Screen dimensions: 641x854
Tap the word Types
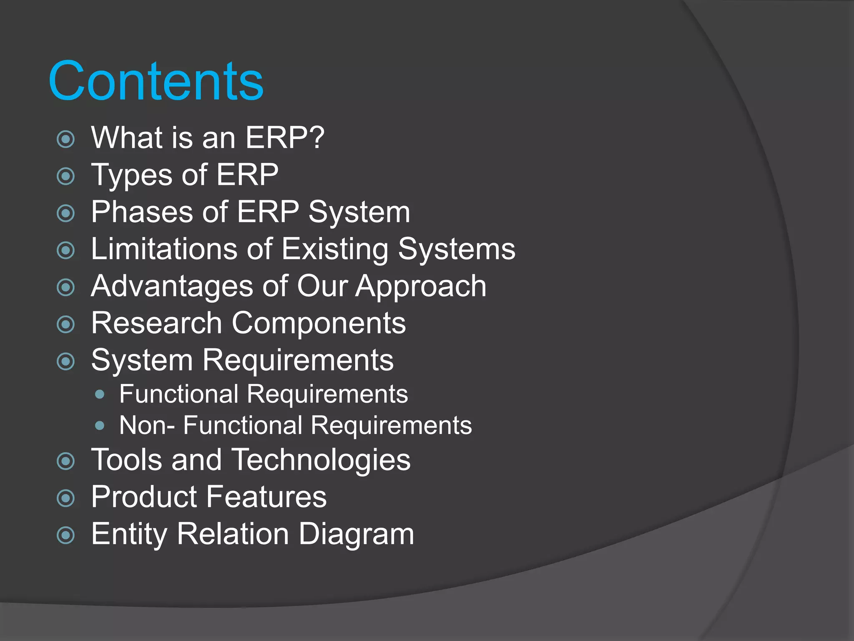click(132, 175)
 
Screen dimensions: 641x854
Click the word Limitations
click(164, 249)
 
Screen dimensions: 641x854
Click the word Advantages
click(172, 286)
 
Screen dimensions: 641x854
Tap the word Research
click(156, 323)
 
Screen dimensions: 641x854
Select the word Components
click(319, 324)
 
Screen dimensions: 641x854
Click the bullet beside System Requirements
click(65, 361)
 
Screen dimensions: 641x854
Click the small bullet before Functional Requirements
click(100, 394)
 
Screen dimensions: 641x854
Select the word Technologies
click(321, 460)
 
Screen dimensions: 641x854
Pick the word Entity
click(129, 534)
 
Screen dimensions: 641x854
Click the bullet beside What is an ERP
click(65, 139)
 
